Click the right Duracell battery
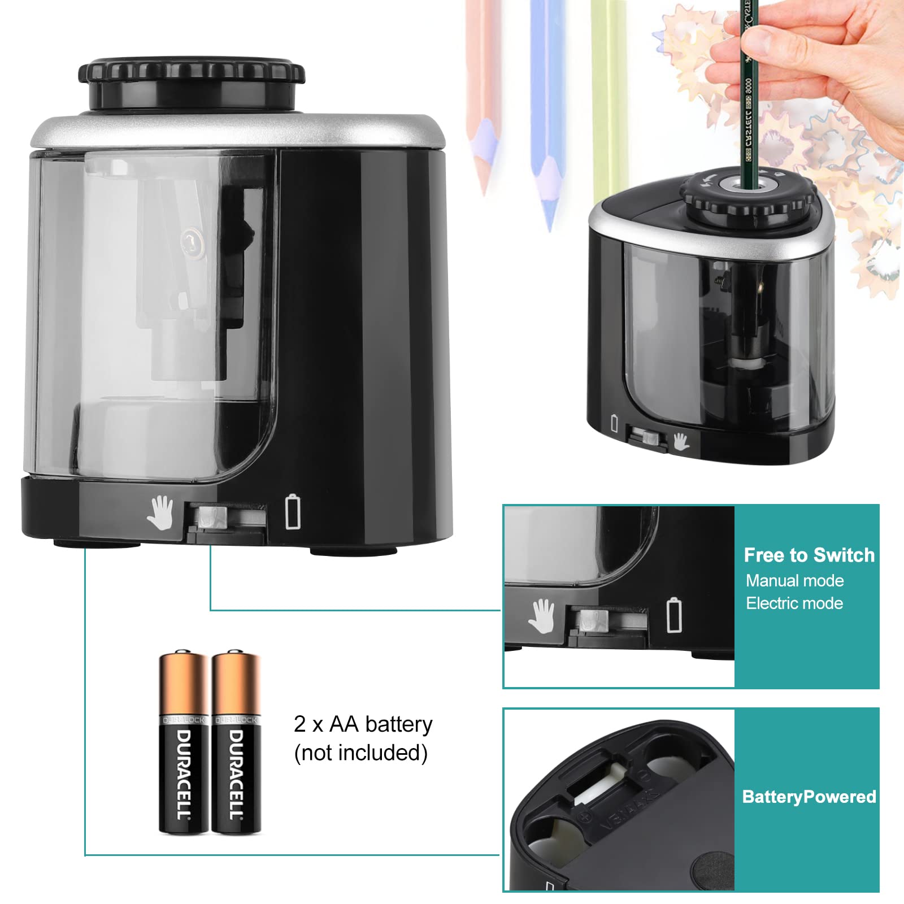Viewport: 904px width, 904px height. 236,743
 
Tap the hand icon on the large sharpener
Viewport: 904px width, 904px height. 160,512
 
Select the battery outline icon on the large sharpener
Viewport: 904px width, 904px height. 293,511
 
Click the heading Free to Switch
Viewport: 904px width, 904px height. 809,555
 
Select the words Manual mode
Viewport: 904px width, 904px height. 794,581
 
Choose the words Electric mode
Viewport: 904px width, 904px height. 794,603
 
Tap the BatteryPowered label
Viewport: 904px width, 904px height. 809,797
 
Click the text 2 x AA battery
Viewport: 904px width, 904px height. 363,724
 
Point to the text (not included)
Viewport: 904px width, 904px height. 360,753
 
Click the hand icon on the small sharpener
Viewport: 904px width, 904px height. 681,441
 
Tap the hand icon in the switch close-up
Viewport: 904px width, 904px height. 541,616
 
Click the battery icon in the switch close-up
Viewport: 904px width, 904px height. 674,615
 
